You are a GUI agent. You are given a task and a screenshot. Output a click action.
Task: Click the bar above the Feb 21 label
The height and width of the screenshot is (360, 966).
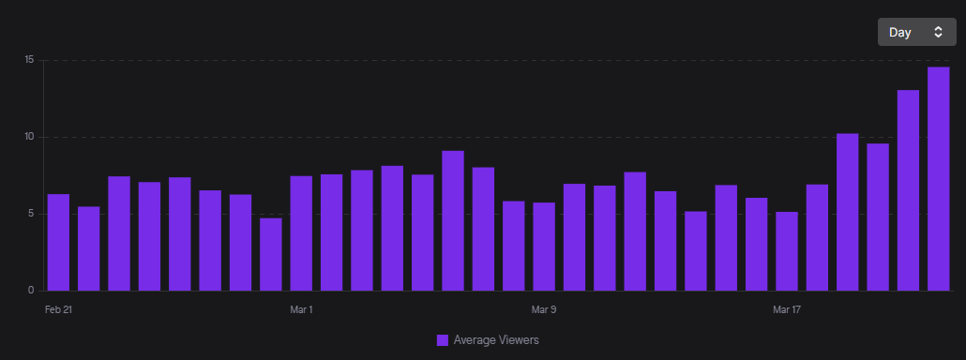58,243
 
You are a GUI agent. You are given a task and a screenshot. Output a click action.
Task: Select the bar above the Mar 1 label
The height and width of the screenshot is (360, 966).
301,233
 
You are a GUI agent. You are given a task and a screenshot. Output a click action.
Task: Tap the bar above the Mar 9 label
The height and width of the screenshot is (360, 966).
544,247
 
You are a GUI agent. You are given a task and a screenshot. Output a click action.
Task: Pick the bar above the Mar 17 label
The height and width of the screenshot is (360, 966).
787,251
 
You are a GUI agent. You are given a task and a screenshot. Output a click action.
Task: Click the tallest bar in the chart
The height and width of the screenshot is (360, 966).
938,179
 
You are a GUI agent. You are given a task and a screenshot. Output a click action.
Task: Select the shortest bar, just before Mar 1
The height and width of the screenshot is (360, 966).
271,255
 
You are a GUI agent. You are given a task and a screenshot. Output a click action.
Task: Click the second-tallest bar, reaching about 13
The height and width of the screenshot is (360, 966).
908,190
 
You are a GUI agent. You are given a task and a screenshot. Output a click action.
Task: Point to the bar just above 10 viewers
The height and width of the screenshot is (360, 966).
847,212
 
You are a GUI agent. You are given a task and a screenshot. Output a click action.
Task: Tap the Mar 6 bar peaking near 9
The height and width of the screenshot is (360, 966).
453,221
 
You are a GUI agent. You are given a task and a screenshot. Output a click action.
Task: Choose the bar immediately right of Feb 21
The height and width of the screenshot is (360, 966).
89,248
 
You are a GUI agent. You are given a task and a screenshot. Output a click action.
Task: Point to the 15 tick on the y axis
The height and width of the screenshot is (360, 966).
29,60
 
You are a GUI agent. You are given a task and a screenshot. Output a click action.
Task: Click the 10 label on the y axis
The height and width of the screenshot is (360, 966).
29,137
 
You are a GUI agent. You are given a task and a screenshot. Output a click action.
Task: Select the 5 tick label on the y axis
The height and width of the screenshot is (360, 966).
31,214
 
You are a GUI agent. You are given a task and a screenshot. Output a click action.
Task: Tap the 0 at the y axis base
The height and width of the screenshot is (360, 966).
31,291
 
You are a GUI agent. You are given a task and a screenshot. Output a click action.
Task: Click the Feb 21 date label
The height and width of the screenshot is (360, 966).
58,309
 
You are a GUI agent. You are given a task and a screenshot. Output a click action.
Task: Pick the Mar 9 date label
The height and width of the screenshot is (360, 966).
544,309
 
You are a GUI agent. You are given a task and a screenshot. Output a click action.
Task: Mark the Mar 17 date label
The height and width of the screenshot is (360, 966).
787,309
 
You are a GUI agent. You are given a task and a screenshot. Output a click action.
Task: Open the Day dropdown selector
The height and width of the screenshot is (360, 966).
916,32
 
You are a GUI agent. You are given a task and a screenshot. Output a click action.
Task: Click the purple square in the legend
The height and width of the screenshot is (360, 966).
443,340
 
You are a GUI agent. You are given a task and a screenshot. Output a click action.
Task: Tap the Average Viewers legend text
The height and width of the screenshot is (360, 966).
496,340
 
